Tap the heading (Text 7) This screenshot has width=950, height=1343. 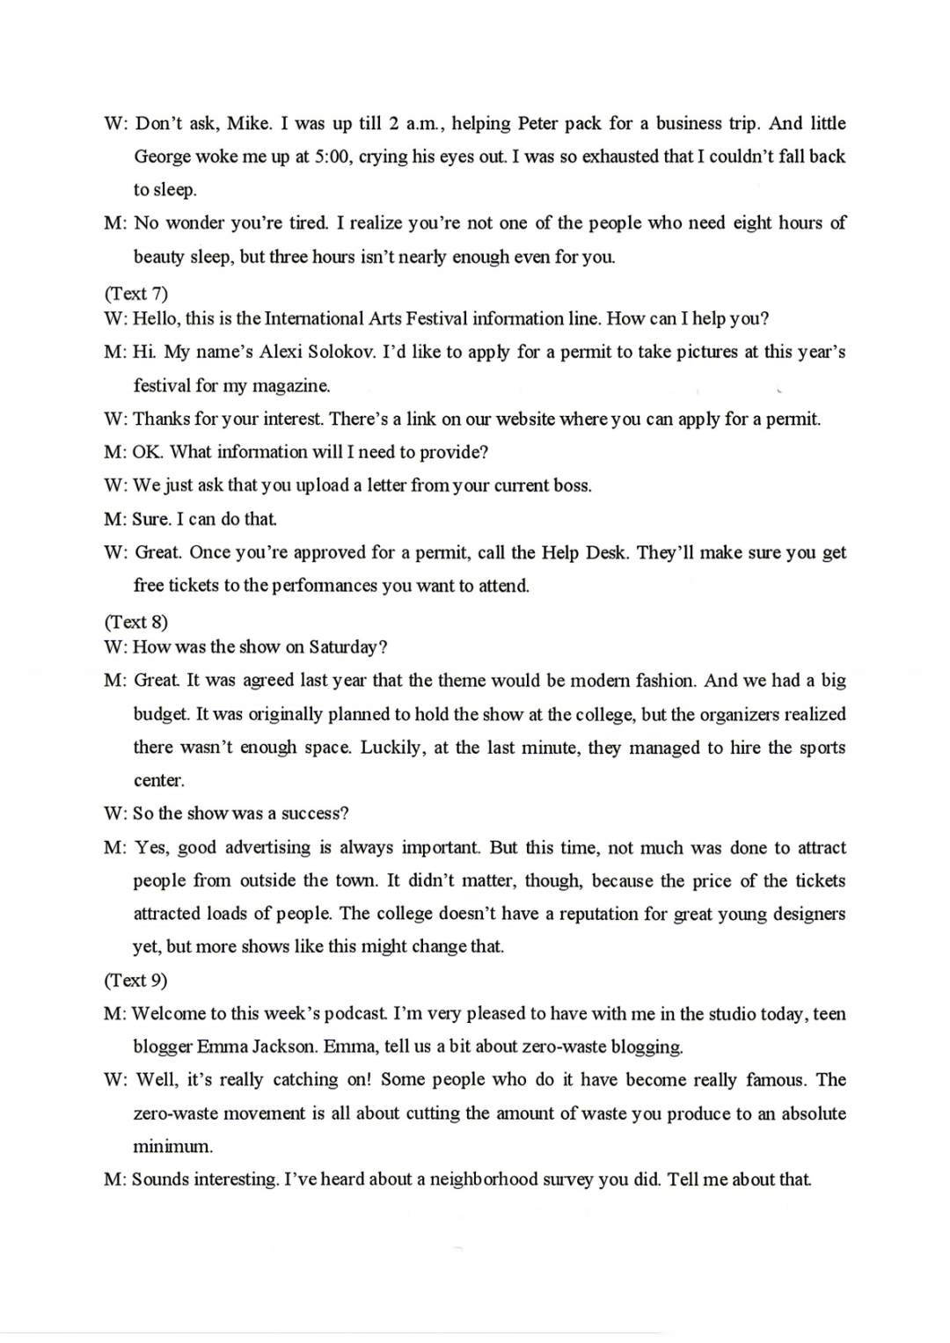[135, 292]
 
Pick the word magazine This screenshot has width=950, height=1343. [291, 385]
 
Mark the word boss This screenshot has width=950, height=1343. [572, 485]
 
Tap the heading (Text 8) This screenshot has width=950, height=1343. [135, 622]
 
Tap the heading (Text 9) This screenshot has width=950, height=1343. [135, 980]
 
